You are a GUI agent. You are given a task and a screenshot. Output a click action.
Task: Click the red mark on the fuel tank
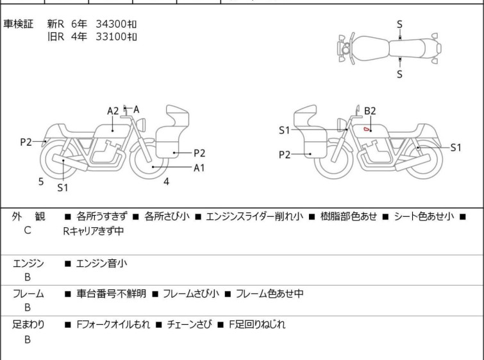(367, 129)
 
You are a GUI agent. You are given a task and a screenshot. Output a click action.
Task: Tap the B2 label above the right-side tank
(370, 111)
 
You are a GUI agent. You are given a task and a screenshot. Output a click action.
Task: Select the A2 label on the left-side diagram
(113, 111)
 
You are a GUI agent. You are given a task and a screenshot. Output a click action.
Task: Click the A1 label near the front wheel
(199, 167)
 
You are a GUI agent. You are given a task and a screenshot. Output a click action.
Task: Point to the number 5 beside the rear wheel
(41, 182)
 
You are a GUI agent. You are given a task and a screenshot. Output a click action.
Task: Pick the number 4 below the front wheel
(167, 182)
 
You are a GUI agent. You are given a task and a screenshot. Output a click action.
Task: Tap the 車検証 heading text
(18, 24)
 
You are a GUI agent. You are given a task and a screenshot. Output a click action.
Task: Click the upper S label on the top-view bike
(399, 24)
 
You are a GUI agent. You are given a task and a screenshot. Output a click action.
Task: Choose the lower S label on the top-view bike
(399, 74)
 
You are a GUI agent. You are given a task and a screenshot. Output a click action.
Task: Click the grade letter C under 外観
(28, 230)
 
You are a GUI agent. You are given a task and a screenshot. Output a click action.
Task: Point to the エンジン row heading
(28, 264)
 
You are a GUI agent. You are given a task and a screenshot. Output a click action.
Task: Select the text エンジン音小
(101, 264)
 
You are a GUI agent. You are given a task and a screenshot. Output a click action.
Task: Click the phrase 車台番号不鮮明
(112, 293)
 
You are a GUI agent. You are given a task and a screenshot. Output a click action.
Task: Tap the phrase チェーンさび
(190, 325)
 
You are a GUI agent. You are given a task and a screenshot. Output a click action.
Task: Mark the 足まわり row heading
(28, 325)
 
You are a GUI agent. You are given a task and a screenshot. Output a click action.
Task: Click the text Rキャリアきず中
(94, 231)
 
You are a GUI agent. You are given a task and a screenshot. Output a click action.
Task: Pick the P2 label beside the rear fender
(26, 142)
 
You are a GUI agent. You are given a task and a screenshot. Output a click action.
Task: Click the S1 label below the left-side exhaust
(63, 187)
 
